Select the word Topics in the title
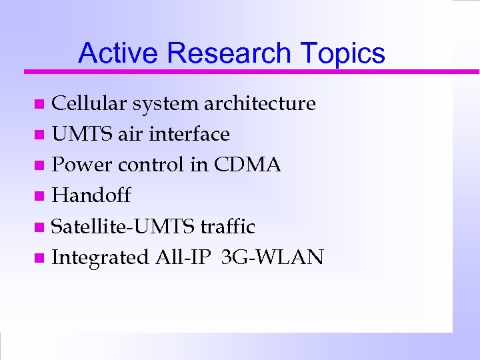click(x=343, y=53)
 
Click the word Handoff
click(x=91, y=195)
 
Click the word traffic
click(x=227, y=227)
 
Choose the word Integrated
click(x=100, y=257)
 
